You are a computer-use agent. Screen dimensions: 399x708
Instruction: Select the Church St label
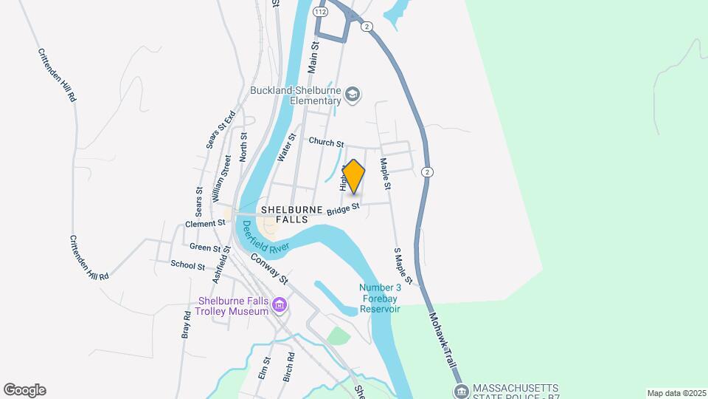(x=326, y=142)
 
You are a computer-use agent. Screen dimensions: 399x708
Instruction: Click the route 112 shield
(x=319, y=12)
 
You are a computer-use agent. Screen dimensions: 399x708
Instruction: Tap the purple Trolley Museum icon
(x=279, y=305)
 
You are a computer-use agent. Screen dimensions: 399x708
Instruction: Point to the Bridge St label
(x=343, y=211)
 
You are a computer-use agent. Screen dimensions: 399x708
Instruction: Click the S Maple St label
(x=402, y=266)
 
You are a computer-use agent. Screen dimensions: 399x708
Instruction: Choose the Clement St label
(x=205, y=223)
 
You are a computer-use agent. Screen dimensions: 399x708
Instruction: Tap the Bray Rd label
(x=187, y=324)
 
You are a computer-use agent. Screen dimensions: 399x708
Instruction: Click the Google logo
(x=24, y=390)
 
